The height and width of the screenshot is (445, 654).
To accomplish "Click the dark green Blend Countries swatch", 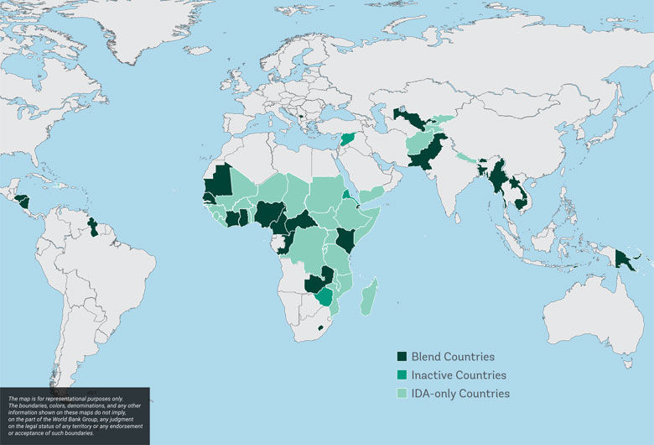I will (x=402, y=357).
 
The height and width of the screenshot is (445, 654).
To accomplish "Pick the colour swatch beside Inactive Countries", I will (x=402, y=375).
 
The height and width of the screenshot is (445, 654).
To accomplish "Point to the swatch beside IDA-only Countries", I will (x=402, y=394).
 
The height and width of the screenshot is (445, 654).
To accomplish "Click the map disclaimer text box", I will (x=75, y=416).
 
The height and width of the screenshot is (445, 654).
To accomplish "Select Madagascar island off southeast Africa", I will (x=369, y=299).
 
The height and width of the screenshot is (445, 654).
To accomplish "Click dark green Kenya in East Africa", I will (x=345, y=239).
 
